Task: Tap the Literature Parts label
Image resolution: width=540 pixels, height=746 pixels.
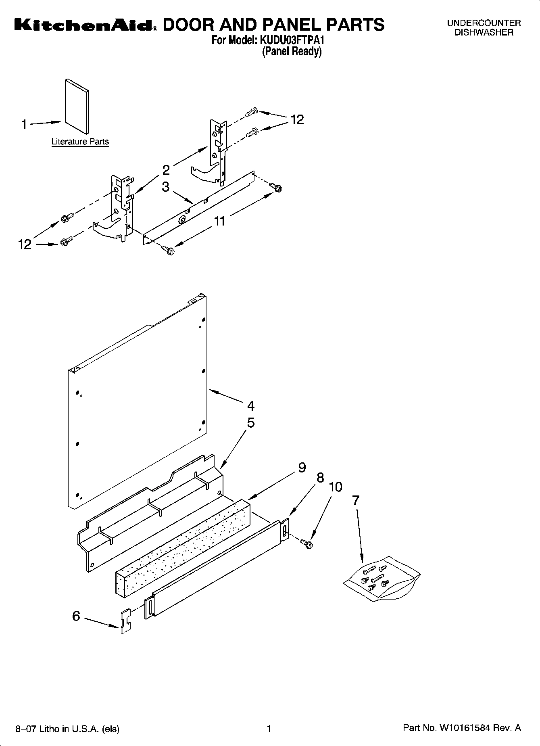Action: [x=80, y=142]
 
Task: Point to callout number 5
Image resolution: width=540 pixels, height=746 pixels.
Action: [x=250, y=423]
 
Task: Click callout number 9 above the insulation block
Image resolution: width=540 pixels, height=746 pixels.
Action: [x=302, y=468]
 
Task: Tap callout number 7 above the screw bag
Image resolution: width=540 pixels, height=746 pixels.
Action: [x=355, y=501]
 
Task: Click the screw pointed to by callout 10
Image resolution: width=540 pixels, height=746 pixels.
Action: [x=309, y=544]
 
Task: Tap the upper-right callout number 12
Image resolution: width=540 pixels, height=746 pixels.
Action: [x=297, y=120]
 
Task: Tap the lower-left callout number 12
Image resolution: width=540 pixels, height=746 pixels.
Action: [x=25, y=244]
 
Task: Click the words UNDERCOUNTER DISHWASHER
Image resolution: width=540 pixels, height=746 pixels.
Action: [x=484, y=28]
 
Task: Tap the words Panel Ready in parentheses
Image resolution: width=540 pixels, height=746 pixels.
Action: [x=292, y=52]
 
